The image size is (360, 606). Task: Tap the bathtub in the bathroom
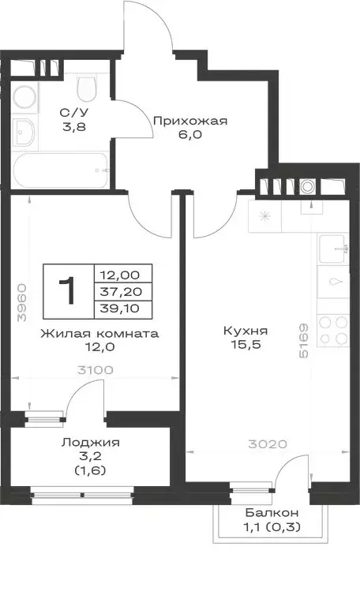click(x=61, y=168)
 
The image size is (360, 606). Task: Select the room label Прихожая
click(x=190, y=121)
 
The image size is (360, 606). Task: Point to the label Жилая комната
click(x=99, y=333)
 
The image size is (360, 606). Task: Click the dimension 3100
click(x=94, y=369)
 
